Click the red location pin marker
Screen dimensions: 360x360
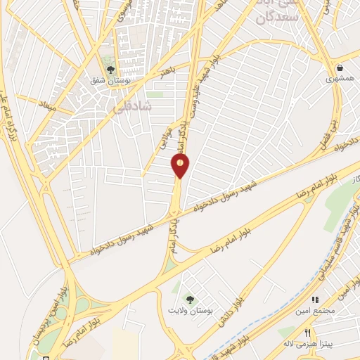(181, 166)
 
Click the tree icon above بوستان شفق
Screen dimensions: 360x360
(110, 69)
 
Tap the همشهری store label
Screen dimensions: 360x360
(340, 80)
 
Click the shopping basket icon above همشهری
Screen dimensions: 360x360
(340, 68)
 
